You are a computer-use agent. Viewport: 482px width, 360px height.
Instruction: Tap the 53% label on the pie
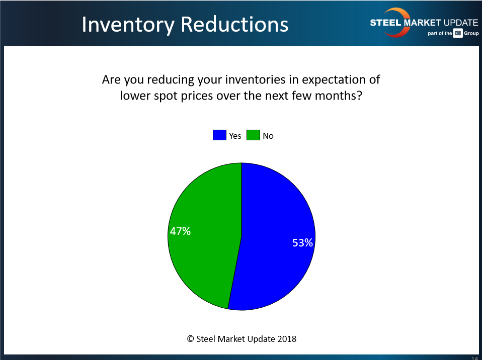(302, 243)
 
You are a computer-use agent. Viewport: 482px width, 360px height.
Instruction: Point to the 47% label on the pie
(180, 231)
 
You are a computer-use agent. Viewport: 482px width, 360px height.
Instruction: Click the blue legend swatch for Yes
(219, 135)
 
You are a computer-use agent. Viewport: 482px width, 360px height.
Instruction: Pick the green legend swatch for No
(253, 135)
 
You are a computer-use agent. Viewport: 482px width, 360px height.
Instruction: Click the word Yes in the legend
(235, 136)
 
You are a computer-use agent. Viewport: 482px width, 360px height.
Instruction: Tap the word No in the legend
(268, 136)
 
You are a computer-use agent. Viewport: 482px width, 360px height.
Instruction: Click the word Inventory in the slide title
(128, 25)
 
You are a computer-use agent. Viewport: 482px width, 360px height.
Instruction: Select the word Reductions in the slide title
(234, 24)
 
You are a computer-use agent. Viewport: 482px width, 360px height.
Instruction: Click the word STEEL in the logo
(385, 23)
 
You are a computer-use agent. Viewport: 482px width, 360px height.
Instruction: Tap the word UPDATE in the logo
(461, 23)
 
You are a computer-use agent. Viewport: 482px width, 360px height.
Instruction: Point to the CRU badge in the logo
(458, 33)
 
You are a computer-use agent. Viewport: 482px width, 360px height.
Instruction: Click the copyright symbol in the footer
(190, 339)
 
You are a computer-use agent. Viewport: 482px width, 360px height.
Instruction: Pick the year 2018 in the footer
(287, 339)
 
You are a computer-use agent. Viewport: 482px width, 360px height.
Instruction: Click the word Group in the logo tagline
(471, 33)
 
